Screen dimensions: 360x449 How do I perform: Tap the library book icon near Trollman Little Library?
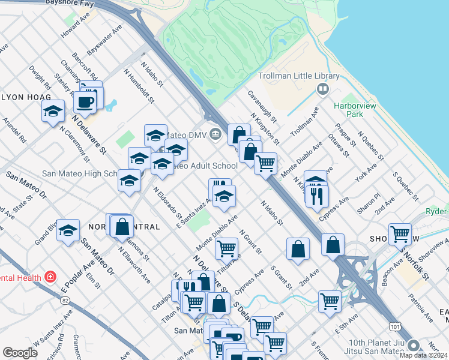[x=324, y=89]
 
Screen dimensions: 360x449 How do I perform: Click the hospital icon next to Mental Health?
[x=51, y=277]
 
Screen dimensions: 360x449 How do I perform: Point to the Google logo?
[x=20, y=353]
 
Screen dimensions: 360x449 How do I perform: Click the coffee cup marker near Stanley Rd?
[x=85, y=101]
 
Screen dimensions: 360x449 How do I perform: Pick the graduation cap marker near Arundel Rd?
[x=53, y=111]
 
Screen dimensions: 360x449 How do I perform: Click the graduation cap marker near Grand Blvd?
[x=68, y=230]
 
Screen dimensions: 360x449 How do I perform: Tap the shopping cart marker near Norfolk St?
[x=400, y=234]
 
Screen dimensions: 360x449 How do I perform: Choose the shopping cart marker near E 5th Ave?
[x=330, y=301]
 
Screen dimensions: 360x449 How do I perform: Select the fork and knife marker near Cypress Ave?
[x=316, y=195]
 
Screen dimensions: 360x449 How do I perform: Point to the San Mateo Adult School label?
[x=204, y=166]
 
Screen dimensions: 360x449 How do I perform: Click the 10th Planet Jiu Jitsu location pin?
[x=413, y=346]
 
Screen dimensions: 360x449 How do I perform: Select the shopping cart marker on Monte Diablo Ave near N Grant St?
[x=226, y=247]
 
